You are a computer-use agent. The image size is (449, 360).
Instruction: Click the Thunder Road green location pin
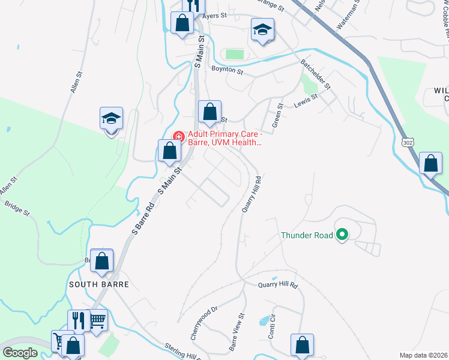342,235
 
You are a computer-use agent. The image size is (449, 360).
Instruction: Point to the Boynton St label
227,71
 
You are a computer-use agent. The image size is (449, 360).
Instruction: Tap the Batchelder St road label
315,77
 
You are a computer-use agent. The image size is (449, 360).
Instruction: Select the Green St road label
277,115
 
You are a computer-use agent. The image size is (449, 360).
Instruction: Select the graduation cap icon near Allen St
111,118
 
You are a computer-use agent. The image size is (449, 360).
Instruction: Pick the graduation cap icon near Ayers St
262,31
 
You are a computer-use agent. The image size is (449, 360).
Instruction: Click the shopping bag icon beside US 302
431,163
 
